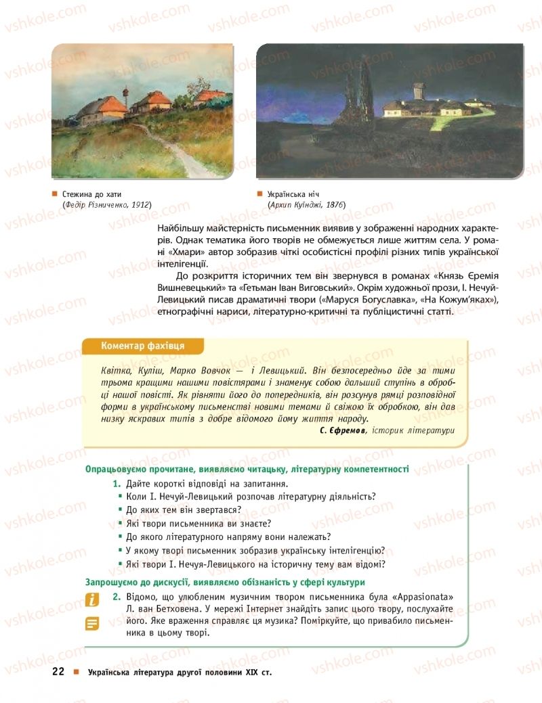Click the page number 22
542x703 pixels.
tap(58, 672)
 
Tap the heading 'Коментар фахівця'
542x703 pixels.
tap(142, 346)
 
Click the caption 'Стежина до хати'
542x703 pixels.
tap(94, 194)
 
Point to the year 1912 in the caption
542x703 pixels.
tap(140, 204)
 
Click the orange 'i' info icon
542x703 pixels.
tap(92, 599)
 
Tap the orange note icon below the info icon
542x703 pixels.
tap(92, 623)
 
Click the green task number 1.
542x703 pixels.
tap(117, 483)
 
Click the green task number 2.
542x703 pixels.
tap(117, 596)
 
